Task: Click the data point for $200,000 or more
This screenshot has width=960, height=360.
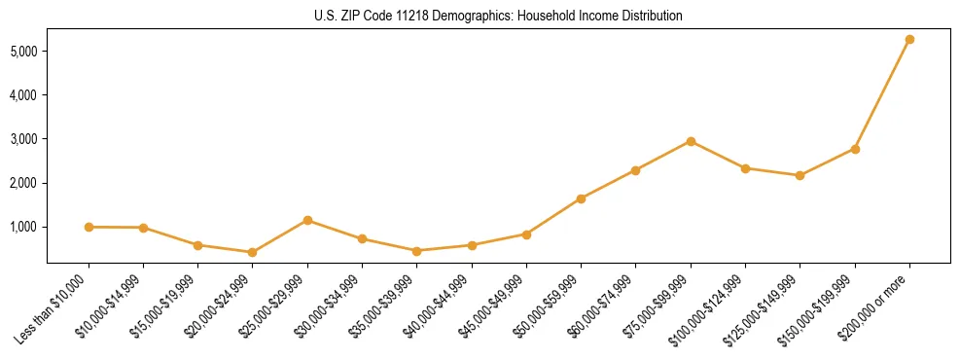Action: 909,40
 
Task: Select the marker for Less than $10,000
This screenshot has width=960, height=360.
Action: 89,227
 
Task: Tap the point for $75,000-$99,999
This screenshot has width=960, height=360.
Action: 691,141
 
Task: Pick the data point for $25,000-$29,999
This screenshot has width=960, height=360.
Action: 307,220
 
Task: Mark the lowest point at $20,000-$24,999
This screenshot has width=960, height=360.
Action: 253,252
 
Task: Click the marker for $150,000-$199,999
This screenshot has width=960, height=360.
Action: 855,149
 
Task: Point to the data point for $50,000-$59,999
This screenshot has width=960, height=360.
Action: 581,198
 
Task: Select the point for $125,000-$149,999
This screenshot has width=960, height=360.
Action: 800,175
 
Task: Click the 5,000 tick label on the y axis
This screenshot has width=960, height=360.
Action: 24,51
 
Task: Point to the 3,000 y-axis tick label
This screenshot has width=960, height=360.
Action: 24,139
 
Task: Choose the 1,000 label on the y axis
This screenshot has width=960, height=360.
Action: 24,227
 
